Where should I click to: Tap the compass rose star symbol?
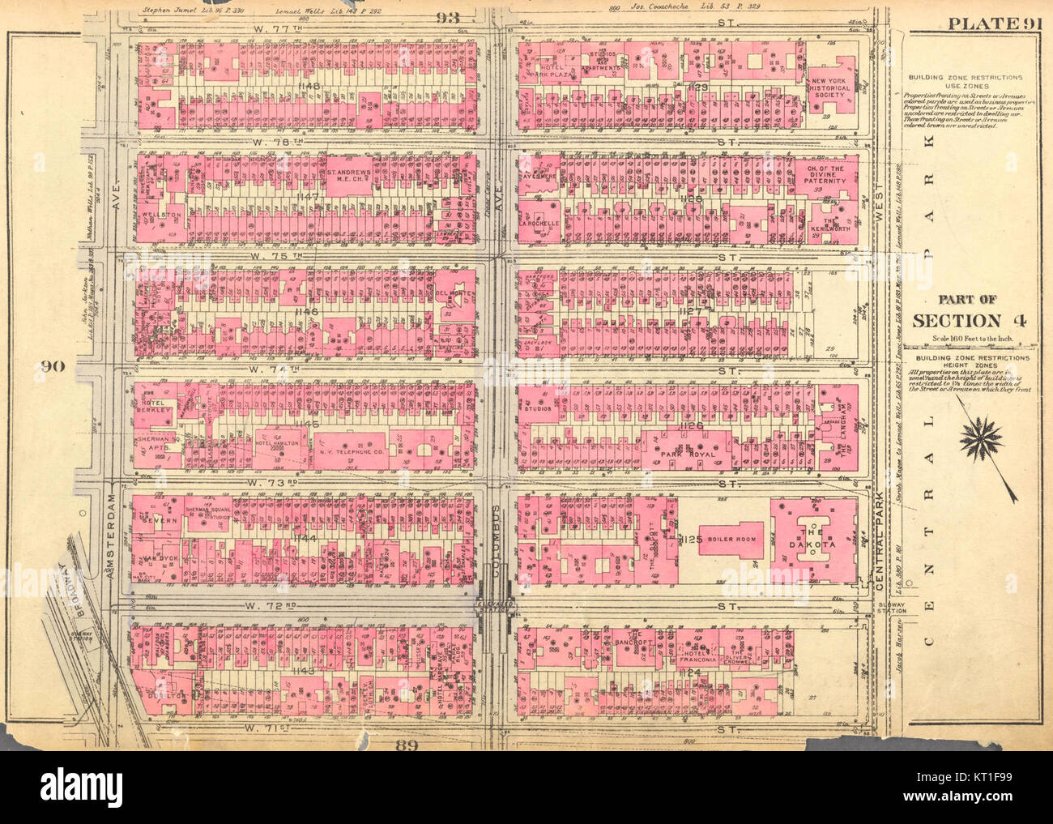981,440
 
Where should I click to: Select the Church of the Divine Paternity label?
825,174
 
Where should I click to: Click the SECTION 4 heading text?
970,320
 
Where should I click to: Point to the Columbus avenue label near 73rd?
497,535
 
